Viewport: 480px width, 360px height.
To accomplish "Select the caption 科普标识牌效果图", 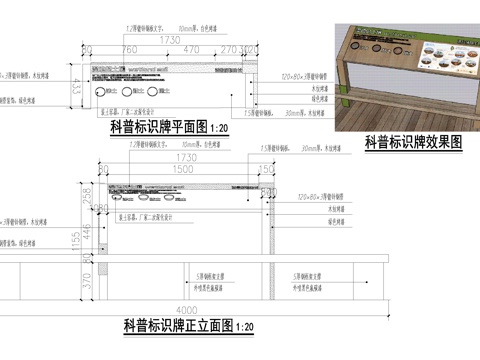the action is tap(413, 141).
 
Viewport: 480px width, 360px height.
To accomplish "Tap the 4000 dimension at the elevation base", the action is tap(180, 307).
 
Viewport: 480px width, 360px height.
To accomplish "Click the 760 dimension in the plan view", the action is tap(129, 48).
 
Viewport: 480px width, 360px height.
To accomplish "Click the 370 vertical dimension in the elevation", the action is tap(85, 283).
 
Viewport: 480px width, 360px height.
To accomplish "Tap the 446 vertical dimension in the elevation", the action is tap(85, 232).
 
